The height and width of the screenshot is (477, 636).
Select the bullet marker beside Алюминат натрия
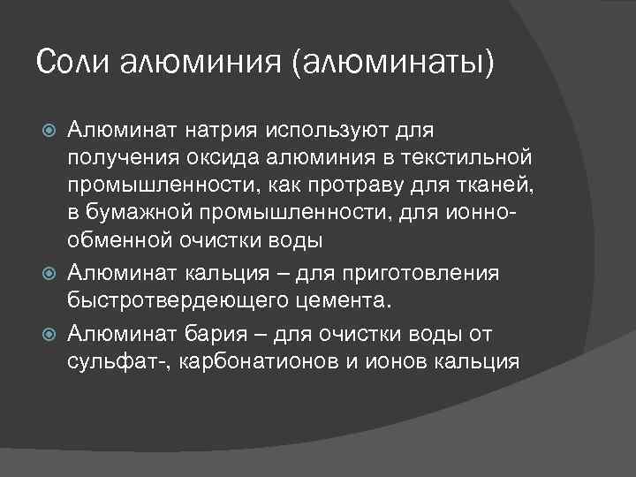[x=50, y=132]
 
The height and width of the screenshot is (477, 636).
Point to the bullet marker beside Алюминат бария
[x=50, y=334]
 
